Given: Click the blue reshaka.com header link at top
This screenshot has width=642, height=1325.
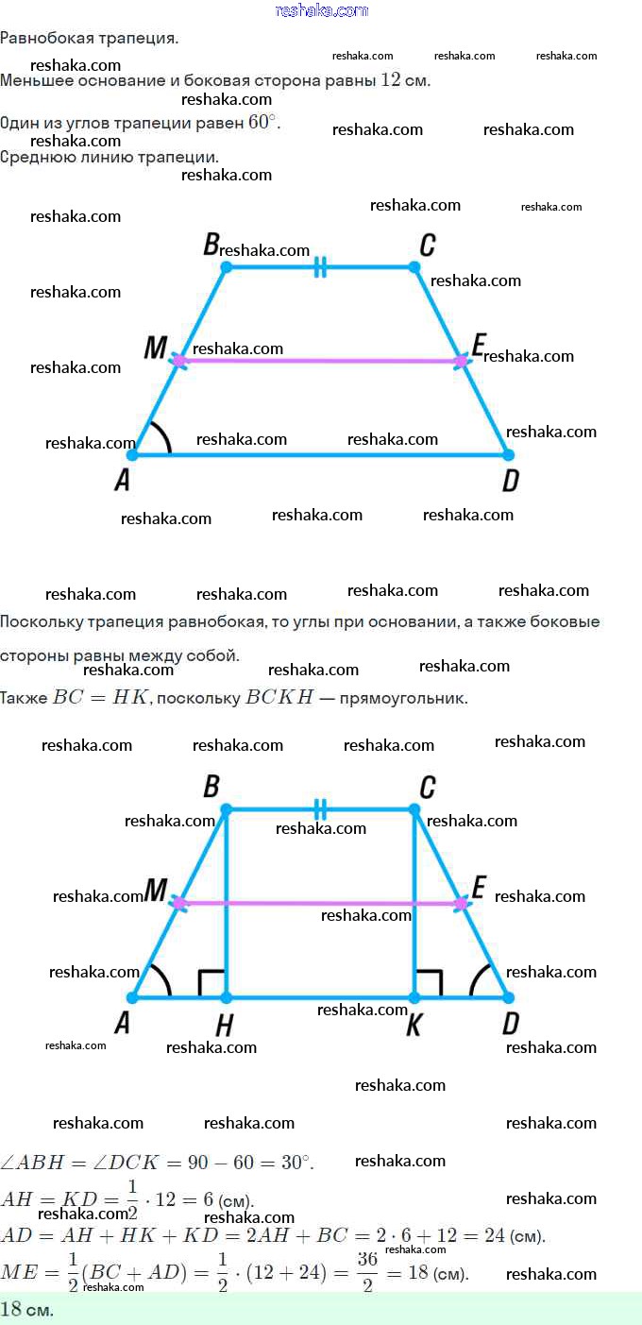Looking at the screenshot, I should pyautogui.click(x=321, y=10).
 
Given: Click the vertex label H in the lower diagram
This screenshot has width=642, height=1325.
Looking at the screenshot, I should pyautogui.click(x=225, y=1026).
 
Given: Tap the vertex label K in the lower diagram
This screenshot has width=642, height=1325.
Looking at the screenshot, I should pyautogui.click(x=414, y=1026).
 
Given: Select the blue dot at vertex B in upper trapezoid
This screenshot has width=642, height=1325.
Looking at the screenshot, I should pyautogui.click(x=226, y=267).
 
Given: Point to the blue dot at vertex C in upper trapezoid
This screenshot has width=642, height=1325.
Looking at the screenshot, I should pyautogui.click(x=414, y=267).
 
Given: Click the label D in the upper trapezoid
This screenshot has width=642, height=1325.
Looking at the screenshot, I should pyautogui.click(x=511, y=482).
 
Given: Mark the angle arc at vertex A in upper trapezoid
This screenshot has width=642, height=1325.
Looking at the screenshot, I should pyautogui.click(x=161, y=437).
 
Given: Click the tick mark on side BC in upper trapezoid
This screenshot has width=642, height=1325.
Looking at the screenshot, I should pyautogui.click(x=320, y=267).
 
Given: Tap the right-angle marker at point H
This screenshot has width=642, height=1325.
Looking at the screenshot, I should pyautogui.click(x=211, y=983).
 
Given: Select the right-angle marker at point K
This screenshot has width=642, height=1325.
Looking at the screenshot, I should pyautogui.click(x=429, y=983).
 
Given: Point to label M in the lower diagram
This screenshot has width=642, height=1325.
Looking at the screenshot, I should pyautogui.click(x=155, y=890).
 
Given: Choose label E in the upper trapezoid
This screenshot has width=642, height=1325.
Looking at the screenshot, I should pyautogui.click(x=478, y=346).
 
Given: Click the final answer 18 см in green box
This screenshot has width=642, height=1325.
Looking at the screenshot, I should pyautogui.click(x=26, y=1310).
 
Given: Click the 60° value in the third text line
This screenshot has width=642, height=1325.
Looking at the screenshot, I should pyautogui.click(x=264, y=124).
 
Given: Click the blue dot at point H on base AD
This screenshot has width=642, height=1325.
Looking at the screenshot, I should pyautogui.click(x=226, y=997).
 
